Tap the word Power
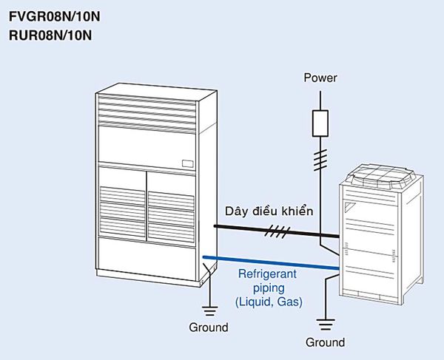[320, 77]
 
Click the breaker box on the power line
[320, 123]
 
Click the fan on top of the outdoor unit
[384, 175]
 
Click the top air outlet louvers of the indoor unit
[148, 109]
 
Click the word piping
[266, 289]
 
